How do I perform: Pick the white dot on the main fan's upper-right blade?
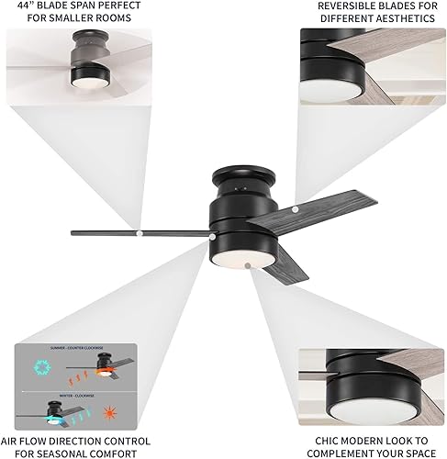click(x=296, y=210)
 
